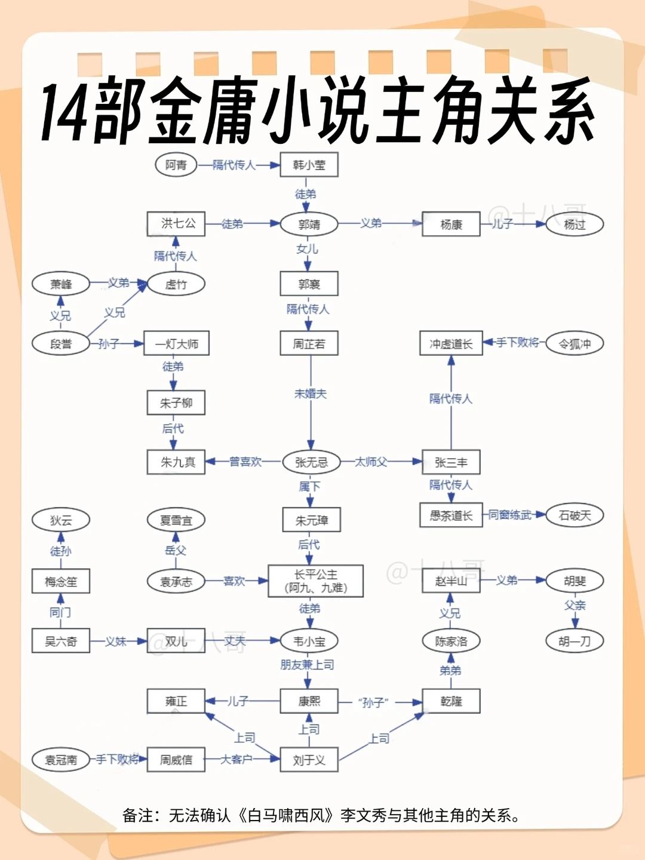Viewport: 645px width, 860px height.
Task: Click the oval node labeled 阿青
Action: pos(176,165)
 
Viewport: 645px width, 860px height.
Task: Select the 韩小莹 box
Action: pos(309,165)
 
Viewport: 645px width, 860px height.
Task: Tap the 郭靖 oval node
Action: pos(309,224)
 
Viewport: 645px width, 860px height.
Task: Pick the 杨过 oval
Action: pos(575,224)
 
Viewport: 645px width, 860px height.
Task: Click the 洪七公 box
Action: pos(176,224)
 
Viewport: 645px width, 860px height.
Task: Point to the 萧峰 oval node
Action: pos(61,284)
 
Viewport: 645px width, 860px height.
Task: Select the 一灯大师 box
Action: pos(176,343)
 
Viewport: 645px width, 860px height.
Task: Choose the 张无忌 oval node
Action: pos(311,462)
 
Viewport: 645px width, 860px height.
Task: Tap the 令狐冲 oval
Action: pos(575,343)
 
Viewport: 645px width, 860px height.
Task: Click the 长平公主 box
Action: pos(316,580)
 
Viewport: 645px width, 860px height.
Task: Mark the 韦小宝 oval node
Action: pos(309,641)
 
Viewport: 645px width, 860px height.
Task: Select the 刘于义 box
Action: pos(309,760)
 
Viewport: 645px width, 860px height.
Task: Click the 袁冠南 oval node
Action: pos(61,760)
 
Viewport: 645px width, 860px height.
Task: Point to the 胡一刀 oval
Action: pos(575,641)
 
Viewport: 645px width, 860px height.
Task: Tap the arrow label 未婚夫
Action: pos(311,394)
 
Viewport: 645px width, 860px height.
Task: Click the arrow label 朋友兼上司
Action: pos(307,665)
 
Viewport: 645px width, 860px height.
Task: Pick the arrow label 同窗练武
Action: pos(510,515)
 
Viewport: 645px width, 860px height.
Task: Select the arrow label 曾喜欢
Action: pos(245,462)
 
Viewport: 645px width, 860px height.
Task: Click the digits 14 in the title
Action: pos(65,112)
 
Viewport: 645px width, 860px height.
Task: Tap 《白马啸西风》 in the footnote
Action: pos(287,816)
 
